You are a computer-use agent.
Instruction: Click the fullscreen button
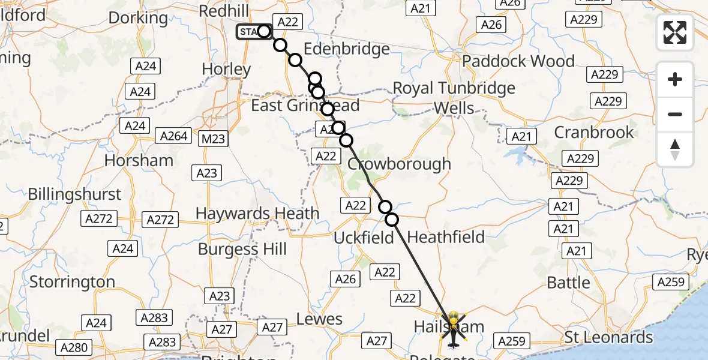pos(675,32)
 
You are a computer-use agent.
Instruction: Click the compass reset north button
pos(675,149)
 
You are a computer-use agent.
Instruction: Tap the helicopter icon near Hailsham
pos(453,329)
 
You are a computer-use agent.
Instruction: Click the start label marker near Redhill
pos(250,32)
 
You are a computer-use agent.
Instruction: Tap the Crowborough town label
pos(399,164)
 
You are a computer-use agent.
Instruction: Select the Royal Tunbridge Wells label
pos(454,98)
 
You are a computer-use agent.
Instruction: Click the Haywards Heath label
pos(257,213)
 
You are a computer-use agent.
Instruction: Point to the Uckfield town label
pos(364,238)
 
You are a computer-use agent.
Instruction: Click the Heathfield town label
pos(446,237)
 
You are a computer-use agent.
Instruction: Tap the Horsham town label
pos(139,160)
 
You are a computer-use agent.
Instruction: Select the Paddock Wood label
pos(518,61)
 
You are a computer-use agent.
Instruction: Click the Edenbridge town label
pos(346,49)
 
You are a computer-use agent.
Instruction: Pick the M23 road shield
pos(213,139)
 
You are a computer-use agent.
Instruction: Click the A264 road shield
pos(174,136)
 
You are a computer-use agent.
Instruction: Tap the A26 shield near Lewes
pos(346,278)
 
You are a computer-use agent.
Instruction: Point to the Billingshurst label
pos(74,194)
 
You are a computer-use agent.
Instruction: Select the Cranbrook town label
pos(593,132)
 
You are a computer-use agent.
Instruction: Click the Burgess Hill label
pos(242,249)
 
